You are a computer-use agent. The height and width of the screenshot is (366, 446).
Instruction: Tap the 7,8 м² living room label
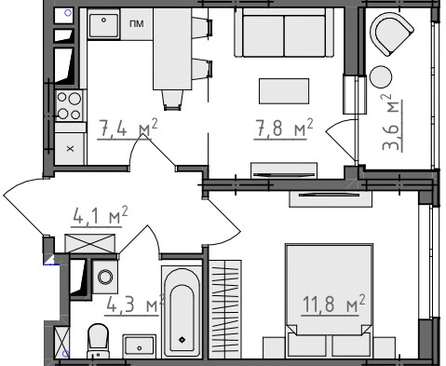(x=284, y=128)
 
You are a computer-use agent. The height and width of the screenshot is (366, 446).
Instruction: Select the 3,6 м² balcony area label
(x=392, y=122)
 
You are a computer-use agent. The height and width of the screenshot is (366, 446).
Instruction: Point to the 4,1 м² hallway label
(x=100, y=216)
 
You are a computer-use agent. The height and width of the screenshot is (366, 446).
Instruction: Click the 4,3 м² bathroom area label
(x=135, y=305)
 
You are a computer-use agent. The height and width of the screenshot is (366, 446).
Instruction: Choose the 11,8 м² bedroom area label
(x=333, y=305)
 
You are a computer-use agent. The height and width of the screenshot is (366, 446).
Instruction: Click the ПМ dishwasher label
(x=137, y=23)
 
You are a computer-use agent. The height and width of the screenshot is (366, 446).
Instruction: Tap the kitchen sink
(x=103, y=24)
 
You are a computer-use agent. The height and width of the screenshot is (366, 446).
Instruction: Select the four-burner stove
(x=69, y=106)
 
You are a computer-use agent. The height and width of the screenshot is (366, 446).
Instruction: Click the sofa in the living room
(x=284, y=33)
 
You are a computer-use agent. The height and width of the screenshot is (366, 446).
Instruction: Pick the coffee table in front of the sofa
(x=284, y=91)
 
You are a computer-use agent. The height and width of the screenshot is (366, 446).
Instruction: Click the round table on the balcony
(x=381, y=76)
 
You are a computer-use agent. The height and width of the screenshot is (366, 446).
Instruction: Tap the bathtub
(x=182, y=311)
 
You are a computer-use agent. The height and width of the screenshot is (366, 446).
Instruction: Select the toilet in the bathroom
(x=98, y=341)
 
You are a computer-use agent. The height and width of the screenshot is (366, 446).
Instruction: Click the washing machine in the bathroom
(x=105, y=277)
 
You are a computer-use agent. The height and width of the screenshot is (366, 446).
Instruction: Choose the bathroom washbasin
(x=140, y=346)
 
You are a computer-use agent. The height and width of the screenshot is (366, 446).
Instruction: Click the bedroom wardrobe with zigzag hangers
(x=225, y=309)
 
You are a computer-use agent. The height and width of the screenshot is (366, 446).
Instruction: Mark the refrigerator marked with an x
(x=71, y=148)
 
